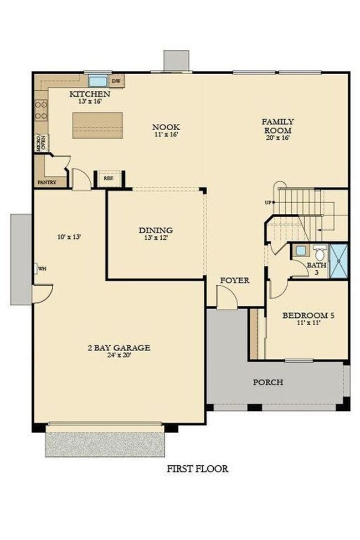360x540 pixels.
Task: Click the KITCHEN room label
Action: [x=85, y=94]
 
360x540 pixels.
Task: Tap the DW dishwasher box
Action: [x=116, y=81]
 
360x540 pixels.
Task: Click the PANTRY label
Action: [x=48, y=182]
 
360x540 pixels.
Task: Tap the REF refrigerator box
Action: [x=109, y=179]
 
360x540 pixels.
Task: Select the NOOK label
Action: [x=166, y=127]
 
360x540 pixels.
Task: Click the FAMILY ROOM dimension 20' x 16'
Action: [x=278, y=137]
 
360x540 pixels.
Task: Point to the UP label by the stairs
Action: [x=269, y=203]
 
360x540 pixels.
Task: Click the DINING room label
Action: [x=156, y=230]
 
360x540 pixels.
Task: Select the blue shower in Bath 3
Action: [x=338, y=260]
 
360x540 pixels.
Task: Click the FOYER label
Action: [x=234, y=280]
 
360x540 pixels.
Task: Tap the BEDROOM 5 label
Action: [x=308, y=316]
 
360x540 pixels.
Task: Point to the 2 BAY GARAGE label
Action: [x=119, y=348]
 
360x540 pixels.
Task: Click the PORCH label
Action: [x=268, y=382]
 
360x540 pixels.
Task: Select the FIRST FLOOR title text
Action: [x=197, y=469]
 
